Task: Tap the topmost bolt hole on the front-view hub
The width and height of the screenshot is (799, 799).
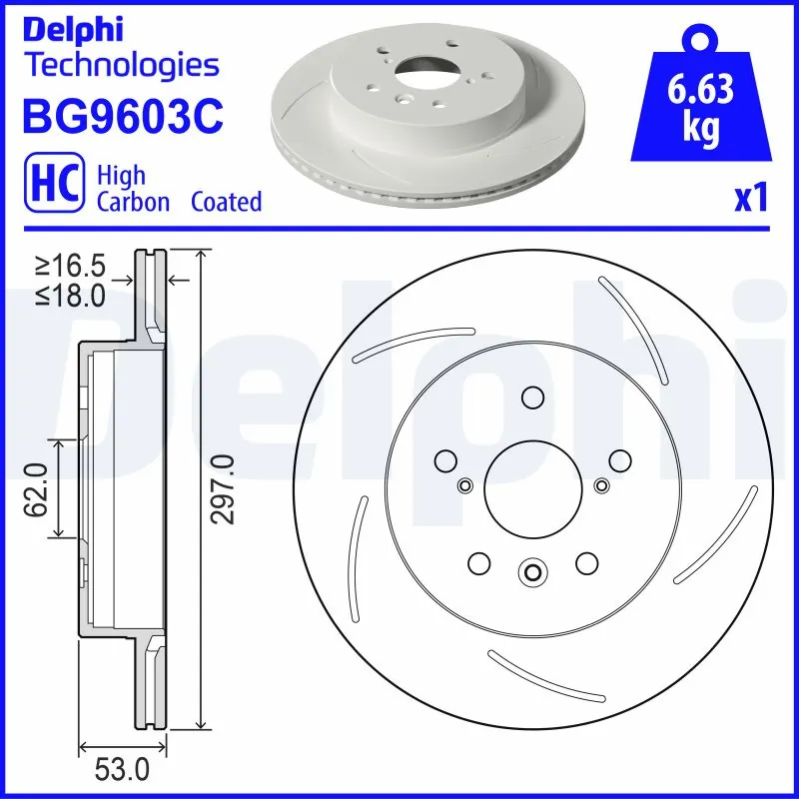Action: point(532,399)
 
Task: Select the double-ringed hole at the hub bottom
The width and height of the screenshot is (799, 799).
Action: point(532,572)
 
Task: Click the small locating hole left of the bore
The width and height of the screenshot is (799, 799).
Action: point(464,486)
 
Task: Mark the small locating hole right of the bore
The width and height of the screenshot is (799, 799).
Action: point(601,486)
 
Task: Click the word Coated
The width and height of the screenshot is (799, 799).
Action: point(226,202)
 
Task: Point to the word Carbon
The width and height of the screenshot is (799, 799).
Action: point(132,202)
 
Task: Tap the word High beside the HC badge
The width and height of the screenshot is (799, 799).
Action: point(121,175)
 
